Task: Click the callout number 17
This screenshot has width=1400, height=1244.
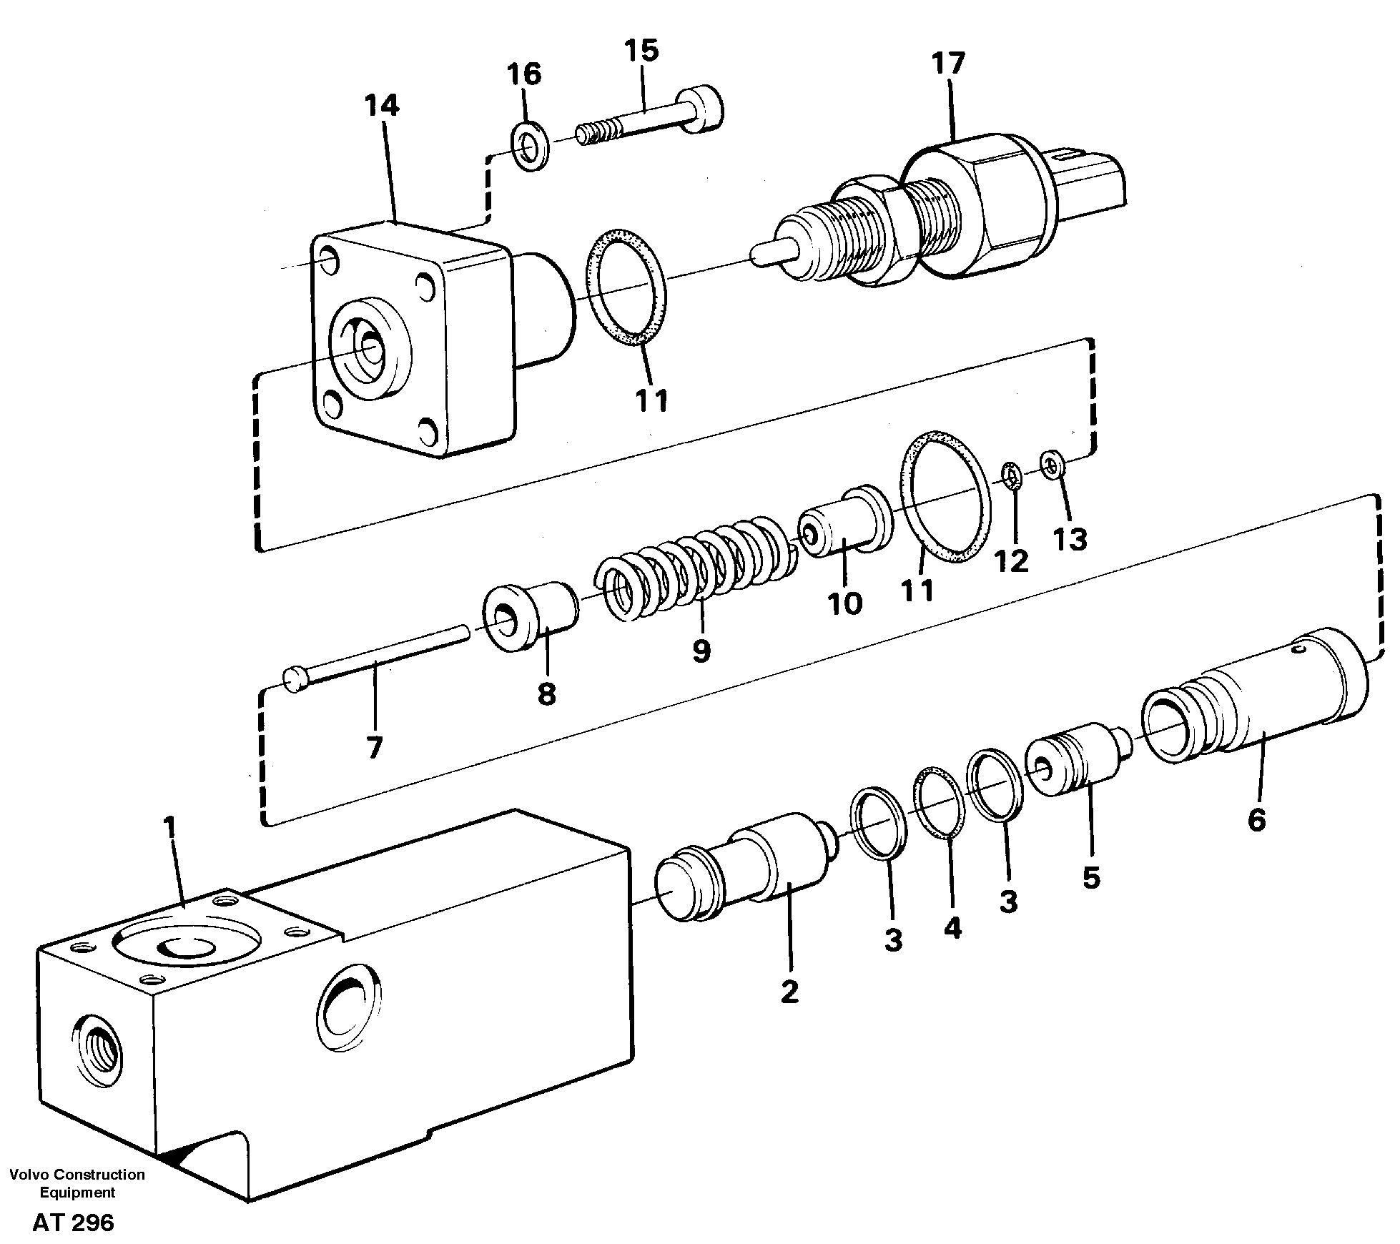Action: (x=948, y=64)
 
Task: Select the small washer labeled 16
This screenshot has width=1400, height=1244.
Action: (x=530, y=147)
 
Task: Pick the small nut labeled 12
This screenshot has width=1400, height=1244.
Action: (x=1011, y=475)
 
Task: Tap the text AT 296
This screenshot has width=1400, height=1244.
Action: (x=73, y=1223)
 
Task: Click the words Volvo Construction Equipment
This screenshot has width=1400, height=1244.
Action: (x=77, y=1183)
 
